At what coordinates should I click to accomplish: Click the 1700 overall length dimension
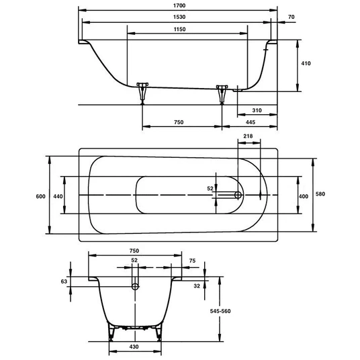[x=179, y=5]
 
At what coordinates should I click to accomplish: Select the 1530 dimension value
[x=179, y=17]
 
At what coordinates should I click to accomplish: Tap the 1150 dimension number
[x=179, y=30]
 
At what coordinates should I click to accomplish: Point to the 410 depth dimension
[x=306, y=63]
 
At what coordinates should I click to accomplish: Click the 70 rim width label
[x=291, y=17]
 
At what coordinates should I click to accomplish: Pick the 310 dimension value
[x=257, y=110]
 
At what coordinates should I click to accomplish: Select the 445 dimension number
[x=251, y=122]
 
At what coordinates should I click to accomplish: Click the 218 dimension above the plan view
[x=249, y=136]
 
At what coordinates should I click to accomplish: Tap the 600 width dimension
[x=41, y=197]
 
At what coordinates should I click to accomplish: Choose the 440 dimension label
[x=58, y=197]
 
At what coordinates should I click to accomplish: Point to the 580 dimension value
[x=320, y=194]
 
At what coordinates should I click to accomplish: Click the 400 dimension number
[x=304, y=197]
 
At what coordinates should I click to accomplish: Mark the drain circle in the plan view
[x=238, y=195]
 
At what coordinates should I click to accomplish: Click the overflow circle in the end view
[x=135, y=287]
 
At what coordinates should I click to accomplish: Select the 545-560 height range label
[x=220, y=312]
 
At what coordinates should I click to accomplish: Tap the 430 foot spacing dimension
[x=134, y=347]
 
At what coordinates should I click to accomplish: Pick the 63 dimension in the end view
[x=64, y=281]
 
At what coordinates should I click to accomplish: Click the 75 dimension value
[x=192, y=261]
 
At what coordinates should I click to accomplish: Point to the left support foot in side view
[x=142, y=93]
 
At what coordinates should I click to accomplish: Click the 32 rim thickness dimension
[x=197, y=286]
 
